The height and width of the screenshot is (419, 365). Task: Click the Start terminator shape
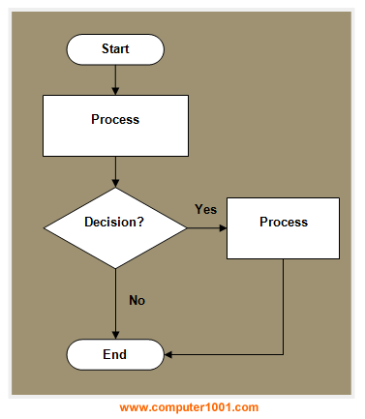click(115, 48)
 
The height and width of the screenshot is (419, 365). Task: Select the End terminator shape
click(115, 354)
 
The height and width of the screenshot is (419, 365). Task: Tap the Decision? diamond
click(115, 223)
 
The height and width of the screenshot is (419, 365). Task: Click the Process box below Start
click(115, 120)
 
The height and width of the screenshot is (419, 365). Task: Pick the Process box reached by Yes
click(284, 228)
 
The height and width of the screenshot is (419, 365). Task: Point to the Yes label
click(205, 209)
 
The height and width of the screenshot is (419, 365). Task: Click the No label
click(137, 300)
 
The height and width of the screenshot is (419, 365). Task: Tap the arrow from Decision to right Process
click(205, 228)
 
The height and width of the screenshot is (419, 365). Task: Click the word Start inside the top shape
click(115, 48)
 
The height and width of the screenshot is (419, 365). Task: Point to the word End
click(115, 354)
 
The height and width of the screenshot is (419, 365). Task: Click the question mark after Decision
click(141, 223)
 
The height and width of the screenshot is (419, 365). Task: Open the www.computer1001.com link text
click(189, 407)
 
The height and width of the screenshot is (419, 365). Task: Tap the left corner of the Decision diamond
click(46, 228)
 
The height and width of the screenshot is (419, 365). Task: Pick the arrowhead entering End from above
click(115, 335)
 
